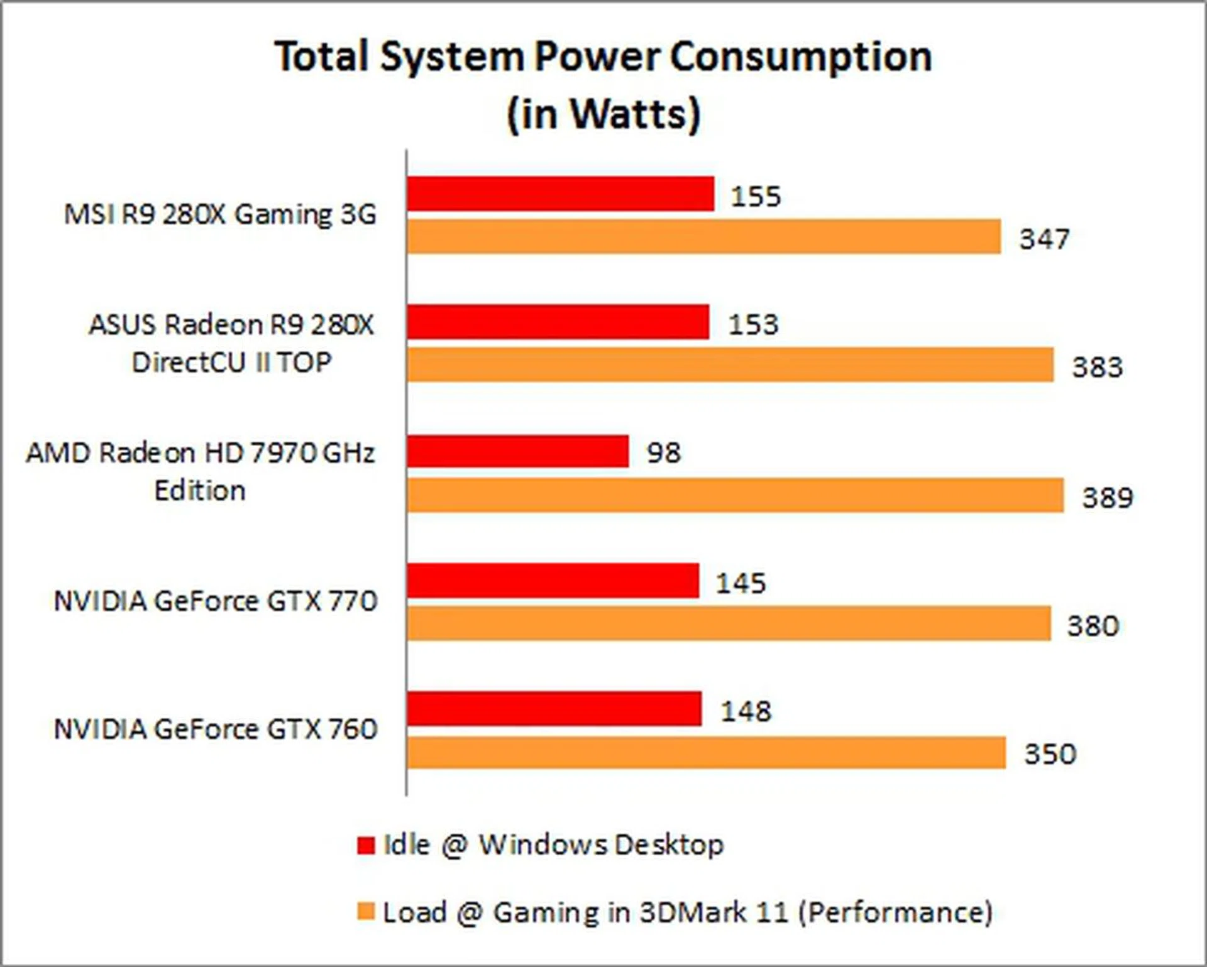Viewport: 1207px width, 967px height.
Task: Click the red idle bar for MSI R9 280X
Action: (x=560, y=194)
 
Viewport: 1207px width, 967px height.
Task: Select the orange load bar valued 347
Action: (x=703, y=237)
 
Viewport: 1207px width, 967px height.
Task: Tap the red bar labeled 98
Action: (x=517, y=451)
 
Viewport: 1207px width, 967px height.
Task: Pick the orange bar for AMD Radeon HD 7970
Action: (x=735, y=495)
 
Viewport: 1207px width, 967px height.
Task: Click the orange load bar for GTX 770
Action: (x=729, y=623)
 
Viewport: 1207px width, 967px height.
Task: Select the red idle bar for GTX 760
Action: (x=554, y=709)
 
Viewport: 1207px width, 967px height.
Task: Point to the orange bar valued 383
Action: (x=730, y=365)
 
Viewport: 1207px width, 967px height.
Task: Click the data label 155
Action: (x=756, y=196)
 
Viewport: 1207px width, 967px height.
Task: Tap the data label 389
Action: (x=1107, y=498)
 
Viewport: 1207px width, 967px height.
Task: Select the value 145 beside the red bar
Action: (x=741, y=583)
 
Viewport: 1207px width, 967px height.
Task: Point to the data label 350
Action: (x=1050, y=753)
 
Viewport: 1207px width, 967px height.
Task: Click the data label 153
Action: (x=753, y=324)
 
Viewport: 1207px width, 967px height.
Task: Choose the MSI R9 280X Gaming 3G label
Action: (x=220, y=215)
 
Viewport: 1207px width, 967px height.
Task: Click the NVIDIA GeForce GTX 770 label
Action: (x=215, y=601)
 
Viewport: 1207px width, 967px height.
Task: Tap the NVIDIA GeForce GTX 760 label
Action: (x=215, y=729)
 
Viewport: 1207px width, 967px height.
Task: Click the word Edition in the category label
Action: (x=200, y=491)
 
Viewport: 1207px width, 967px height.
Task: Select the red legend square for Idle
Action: (x=365, y=845)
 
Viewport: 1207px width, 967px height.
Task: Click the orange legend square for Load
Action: (x=365, y=912)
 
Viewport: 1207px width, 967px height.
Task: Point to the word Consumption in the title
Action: (x=800, y=58)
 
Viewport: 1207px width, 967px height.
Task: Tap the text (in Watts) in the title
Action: (x=603, y=114)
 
